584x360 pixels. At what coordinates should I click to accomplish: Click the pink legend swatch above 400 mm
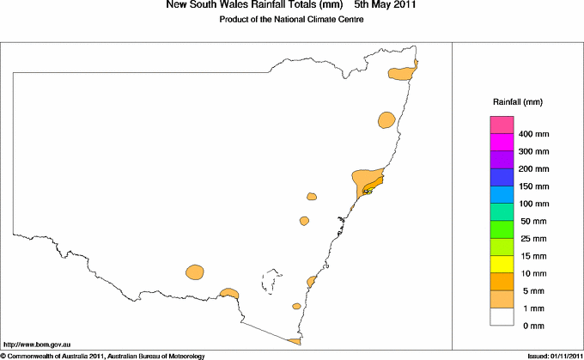[502, 125]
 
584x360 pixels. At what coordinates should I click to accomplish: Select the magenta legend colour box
[502, 143]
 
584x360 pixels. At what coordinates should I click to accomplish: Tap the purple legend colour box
[502, 160]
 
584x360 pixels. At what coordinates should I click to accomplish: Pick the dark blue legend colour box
[502, 178]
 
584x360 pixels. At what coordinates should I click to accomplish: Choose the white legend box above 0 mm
[502, 316]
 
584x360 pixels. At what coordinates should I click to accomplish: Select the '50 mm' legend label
[532, 222]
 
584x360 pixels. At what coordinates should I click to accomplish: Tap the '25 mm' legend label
[532, 239]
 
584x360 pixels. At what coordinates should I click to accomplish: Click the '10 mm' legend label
[532, 273]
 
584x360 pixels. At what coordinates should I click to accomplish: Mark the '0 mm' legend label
[532, 326]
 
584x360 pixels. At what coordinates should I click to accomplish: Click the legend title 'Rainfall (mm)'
[517, 102]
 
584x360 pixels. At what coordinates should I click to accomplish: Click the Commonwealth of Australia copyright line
[102, 355]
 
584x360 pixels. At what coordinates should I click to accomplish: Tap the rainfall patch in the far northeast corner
[403, 73]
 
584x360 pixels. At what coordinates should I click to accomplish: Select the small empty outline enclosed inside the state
[273, 280]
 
